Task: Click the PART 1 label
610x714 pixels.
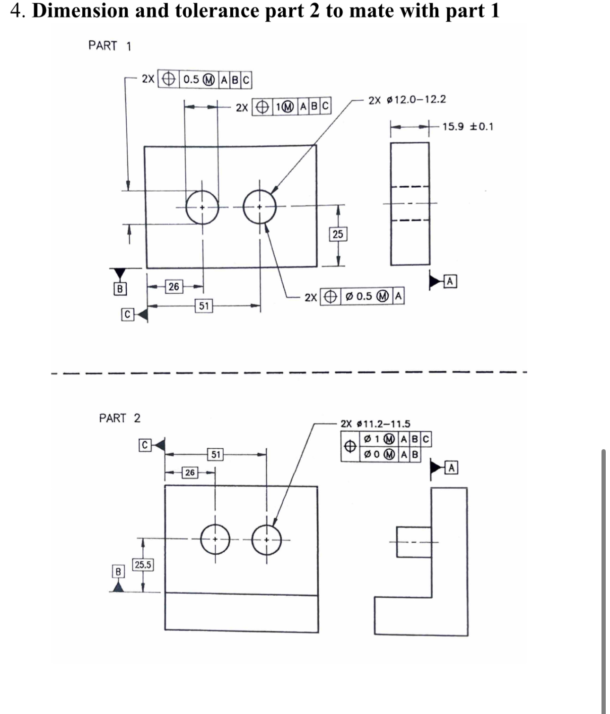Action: coord(110,46)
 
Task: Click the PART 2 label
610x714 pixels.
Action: coord(120,418)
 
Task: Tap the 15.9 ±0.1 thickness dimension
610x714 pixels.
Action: coord(467,127)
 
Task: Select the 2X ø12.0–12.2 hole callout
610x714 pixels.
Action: coord(407,100)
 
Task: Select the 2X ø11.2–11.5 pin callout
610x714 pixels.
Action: coord(375,424)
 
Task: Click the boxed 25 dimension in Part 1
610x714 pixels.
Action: coord(338,234)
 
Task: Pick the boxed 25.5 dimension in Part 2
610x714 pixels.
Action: coord(143,565)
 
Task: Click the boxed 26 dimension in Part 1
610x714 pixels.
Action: coord(174,287)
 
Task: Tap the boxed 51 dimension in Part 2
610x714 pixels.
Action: coord(216,455)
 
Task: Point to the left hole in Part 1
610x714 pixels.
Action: coord(202,208)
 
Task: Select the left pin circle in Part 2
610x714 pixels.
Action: coord(215,540)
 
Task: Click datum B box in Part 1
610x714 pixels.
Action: coord(120,288)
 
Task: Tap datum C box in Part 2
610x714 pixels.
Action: coord(145,445)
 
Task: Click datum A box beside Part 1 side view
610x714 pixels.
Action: coord(450,281)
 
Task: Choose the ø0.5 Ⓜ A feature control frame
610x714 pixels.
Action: coord(362,296)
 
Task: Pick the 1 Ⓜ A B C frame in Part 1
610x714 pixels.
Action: coord(292,107)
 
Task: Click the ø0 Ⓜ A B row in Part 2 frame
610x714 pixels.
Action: coord(391,455)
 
